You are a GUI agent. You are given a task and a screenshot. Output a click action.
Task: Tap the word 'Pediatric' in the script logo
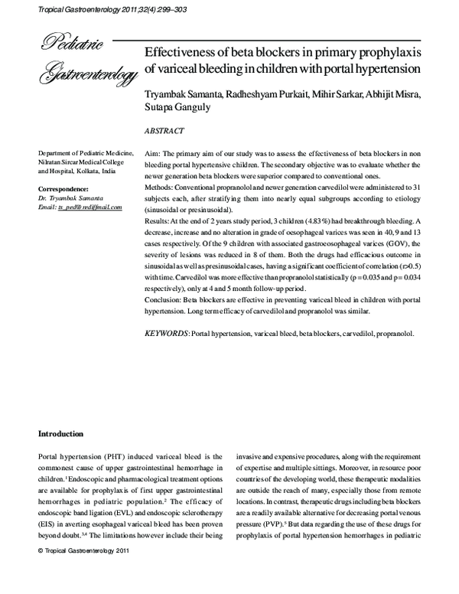67,44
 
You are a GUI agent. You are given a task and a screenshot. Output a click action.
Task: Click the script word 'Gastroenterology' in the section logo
88,73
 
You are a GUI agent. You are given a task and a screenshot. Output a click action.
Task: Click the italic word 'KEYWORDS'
167,334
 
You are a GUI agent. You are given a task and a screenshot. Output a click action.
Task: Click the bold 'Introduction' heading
66,433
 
